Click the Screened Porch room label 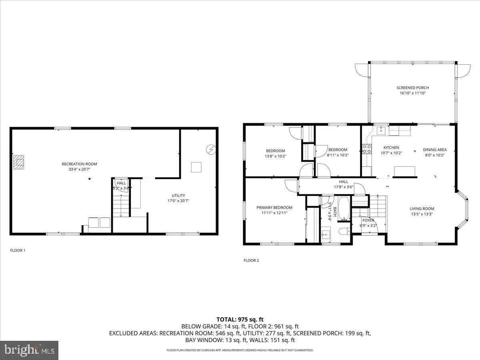[412, 88]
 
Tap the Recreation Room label [79, 164]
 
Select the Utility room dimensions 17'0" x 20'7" [178, 201]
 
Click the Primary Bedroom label [274, 208]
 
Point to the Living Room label [422, 208]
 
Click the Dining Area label [435, 150]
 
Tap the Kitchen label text [391, 148]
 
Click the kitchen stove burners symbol [366, 149]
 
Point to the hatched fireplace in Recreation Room [18, 162]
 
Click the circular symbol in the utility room [210, 150]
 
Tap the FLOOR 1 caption [18, 250]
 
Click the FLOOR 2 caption [251, 260]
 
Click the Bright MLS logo [29, 350]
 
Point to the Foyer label [368, 220]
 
